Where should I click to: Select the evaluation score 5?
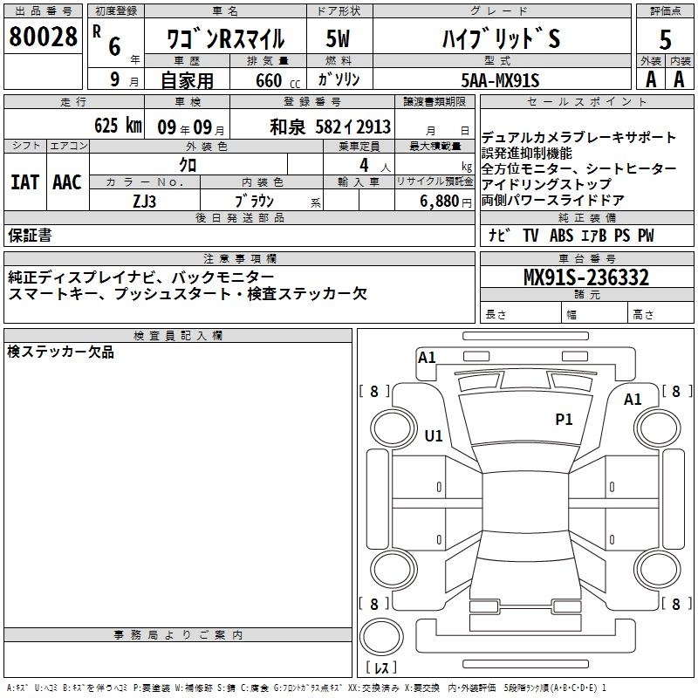tap(666, 39)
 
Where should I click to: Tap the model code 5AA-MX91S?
tap(500, 80)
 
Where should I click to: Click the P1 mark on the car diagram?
tap(564, 420)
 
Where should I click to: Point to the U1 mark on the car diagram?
tap(433, 435)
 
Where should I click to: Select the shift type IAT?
tap(24, 182)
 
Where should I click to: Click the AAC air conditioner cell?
tap(67, 182)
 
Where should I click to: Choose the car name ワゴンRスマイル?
tap(225, 39)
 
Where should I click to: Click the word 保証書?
tap(30, 235)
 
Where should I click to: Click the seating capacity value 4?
tap(361, 165)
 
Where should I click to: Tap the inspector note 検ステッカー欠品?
tap(60, 352)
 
